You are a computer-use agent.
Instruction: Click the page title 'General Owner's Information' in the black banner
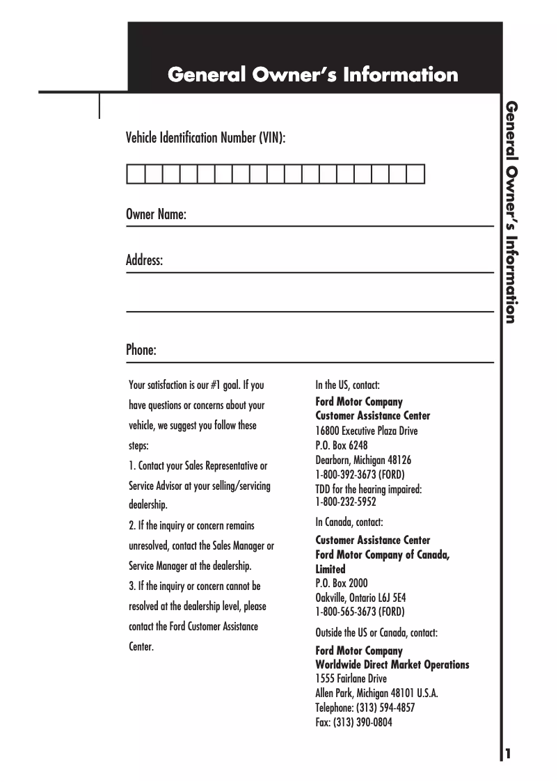[x=313, y=74]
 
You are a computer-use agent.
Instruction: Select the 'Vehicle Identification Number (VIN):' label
[x=205, y=137]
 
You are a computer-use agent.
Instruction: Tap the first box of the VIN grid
[x=135, y=173]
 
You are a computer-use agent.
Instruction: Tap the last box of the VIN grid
[x=415, y=173]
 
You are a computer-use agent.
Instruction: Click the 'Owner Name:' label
[x=156, y=215]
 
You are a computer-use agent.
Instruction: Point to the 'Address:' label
[x=144, y=261]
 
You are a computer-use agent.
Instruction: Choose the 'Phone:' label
[x=141, y=350]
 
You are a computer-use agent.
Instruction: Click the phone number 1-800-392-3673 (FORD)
[x=360, y=474]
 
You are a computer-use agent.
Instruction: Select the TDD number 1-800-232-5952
[x=345, y=501]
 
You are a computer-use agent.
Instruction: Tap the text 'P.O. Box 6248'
[x=342, y=445]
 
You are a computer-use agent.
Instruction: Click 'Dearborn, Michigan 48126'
[x=363, y=460]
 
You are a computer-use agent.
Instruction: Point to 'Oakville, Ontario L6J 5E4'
[x=360, y=598]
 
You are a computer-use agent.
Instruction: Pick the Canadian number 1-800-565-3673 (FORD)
[x=360, y=612]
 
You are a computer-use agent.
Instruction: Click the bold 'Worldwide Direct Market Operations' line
[x=392, y=665]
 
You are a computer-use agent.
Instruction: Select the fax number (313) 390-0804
[x=353, y=722]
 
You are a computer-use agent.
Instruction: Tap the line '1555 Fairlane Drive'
[x=351, y=679]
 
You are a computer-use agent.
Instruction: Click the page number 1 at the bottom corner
[x=509, y=754]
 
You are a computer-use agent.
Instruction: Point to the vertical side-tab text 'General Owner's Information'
[x=511, y=212]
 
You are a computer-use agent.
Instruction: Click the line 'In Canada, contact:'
[x=349, y=522]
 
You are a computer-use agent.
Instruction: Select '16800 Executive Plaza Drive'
[x=367, y=431]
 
